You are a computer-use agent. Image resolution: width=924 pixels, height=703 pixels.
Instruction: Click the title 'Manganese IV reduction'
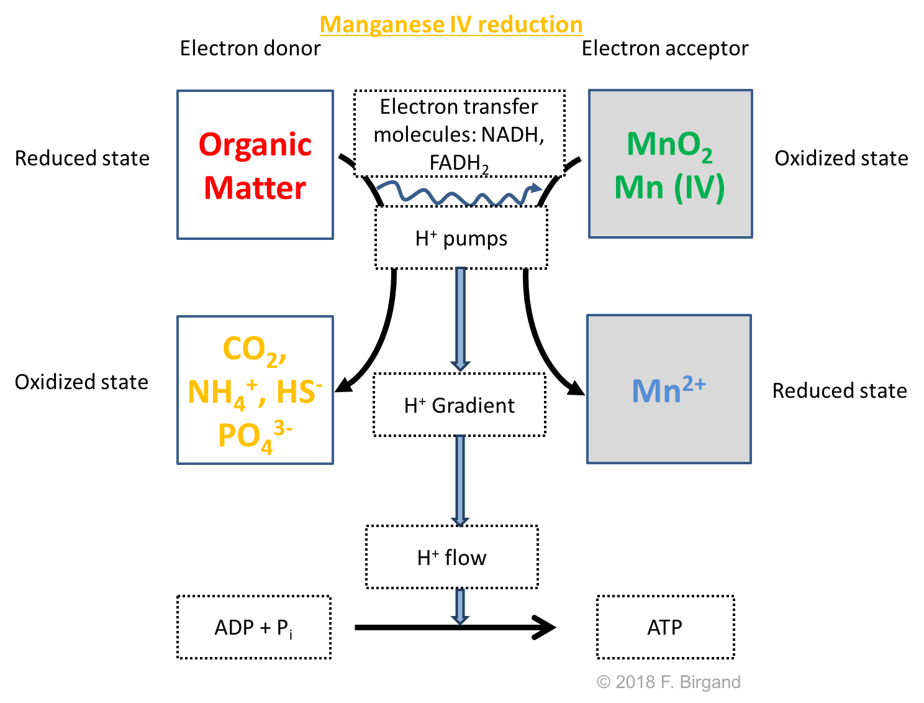click(451, 25)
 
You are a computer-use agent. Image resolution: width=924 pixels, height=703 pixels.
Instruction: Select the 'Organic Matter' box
click(255, 165)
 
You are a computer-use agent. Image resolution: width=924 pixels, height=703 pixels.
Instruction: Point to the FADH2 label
click(459, 163)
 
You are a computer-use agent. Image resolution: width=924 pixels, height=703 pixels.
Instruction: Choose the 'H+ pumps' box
click(461, 238)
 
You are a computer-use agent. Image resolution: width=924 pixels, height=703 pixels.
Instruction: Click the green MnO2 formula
click(669, 145)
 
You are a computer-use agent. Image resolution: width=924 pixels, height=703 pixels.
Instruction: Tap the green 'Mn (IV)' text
click(669, 187)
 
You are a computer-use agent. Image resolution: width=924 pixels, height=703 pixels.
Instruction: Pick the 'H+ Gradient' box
click(460, 405)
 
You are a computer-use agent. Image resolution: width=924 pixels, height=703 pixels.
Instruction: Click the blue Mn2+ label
click(668, 390)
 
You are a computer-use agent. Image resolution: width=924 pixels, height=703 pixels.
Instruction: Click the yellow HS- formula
click(299, 392)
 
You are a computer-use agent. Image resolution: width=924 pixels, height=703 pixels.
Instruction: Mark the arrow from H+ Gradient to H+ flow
click(460, 480)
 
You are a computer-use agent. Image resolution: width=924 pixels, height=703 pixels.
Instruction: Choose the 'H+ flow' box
click(452, 558)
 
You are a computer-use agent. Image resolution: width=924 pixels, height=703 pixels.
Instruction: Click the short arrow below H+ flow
click(460, 607)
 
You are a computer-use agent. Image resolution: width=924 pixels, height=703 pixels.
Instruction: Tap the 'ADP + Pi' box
click(254, 628)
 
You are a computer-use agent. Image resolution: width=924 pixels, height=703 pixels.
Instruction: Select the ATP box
click(665, 628)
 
